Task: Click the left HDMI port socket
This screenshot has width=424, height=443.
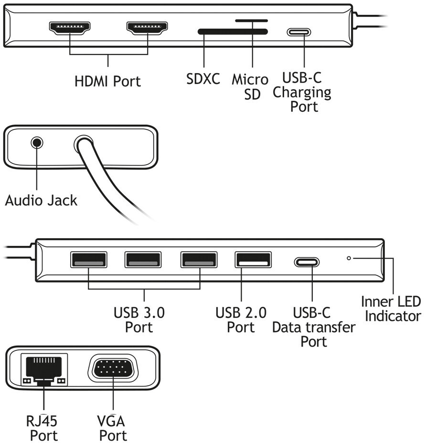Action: (x=70, y=30)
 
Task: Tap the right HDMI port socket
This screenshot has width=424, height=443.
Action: (x=147, y=30)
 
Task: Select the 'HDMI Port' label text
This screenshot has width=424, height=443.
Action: (x=108, y=81)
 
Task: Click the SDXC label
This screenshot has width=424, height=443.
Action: (x=203, y=79)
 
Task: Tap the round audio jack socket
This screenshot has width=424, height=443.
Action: (x=37, y=142)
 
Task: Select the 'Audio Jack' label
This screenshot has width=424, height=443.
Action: (x=41, y=200)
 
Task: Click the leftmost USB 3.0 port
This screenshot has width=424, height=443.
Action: (x=88, y=260)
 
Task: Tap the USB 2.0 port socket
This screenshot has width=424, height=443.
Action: (x=253, y=260)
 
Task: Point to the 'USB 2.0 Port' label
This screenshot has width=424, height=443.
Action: (x=241, y=320)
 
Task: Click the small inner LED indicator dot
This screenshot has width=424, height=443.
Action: (x=349, y=258)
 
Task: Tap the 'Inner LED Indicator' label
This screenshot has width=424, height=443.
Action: (x=391, y=309)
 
